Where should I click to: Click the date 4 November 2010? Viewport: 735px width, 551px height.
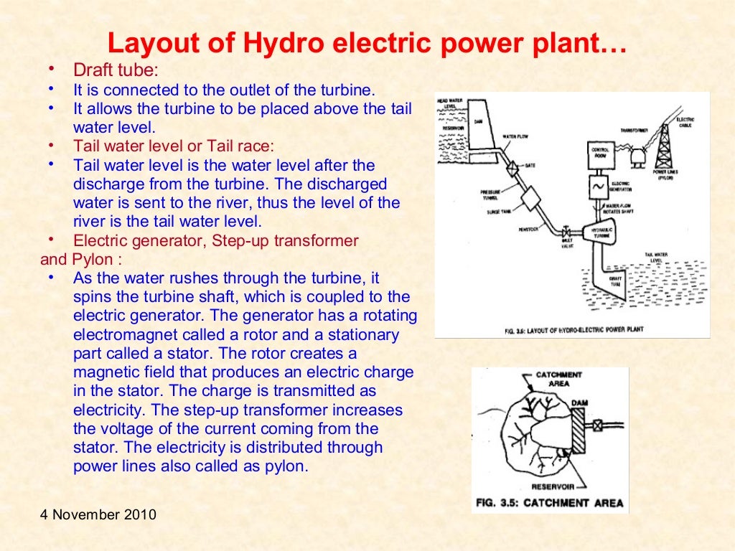pyautogui.click(x=98, y=515)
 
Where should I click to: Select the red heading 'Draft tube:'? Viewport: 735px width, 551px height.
pyautogui.click(x=116, y=72)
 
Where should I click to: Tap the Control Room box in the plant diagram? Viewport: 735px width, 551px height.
pyautogui.click(x=600, y=154)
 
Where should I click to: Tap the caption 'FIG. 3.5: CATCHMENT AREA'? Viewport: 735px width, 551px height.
pyautogui.click(x=550, y=502)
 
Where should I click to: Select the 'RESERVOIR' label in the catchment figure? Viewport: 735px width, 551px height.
pyautogui.click(x=551, y=486)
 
